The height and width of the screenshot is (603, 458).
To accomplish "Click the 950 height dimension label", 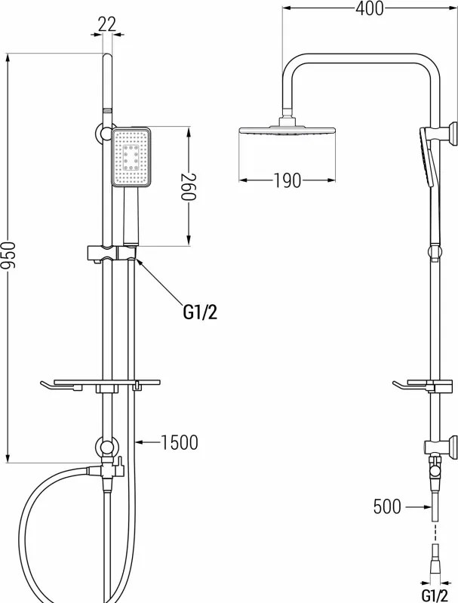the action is coord(8,255).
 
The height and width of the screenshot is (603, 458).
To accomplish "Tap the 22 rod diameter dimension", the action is coord(106,25).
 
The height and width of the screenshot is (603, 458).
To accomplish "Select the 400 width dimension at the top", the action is coord(369,8).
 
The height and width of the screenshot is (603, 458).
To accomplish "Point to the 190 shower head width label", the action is coord(287,180).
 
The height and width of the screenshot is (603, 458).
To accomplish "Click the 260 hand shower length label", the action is coord(189,186).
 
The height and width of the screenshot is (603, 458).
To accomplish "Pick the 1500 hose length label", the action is coord(179,442).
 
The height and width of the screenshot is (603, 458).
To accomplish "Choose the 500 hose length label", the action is coord(387,506).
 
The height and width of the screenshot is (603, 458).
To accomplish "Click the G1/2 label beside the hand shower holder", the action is coord(200,312).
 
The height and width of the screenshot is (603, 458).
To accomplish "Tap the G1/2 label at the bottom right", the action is coord(435,595).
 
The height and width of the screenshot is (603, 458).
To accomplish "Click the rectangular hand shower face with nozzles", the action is coord(131,157).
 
